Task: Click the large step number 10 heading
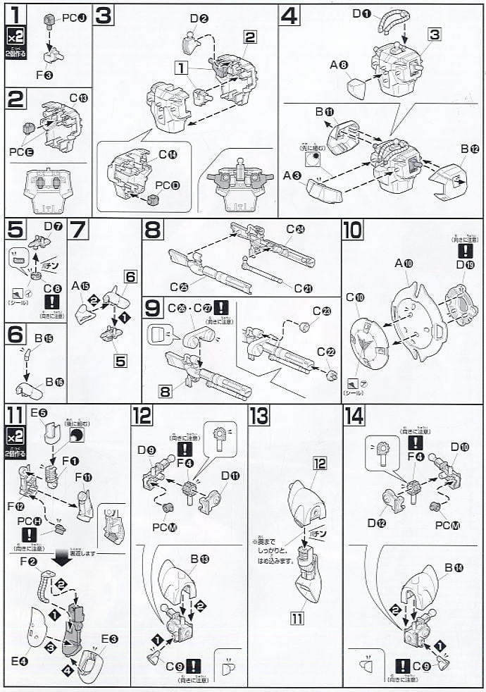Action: coord(354,230)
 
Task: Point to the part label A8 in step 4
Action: coord(339,66)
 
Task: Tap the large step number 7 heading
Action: coord(80,230)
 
